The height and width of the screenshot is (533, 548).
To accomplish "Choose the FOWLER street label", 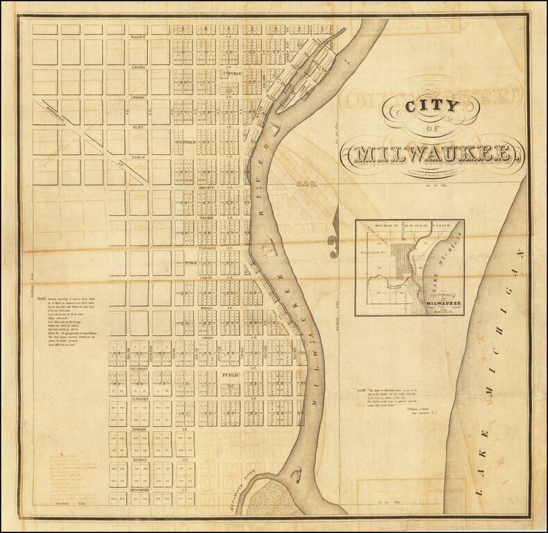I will pyautogui.click(x=137, y=430).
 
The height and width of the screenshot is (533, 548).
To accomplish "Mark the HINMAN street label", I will pyautogui.click(x=137, y=459).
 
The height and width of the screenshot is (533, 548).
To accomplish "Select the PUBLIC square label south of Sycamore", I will pyautogui.click(x=230, y=375).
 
